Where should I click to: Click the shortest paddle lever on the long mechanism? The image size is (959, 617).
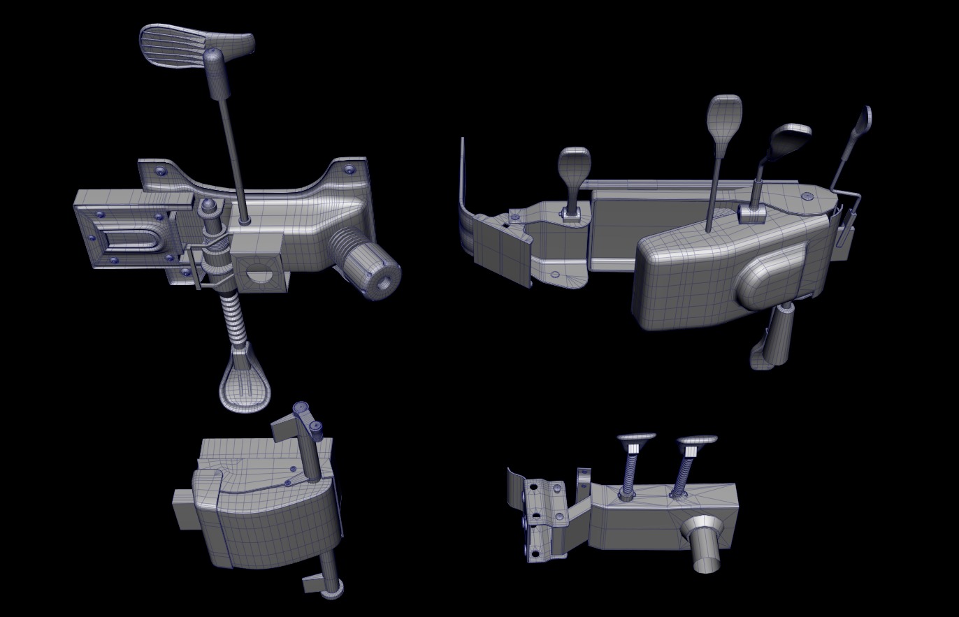[574, 168]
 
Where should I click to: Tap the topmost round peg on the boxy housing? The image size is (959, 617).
[301, 407]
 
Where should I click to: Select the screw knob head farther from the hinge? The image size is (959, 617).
[697, 441]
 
